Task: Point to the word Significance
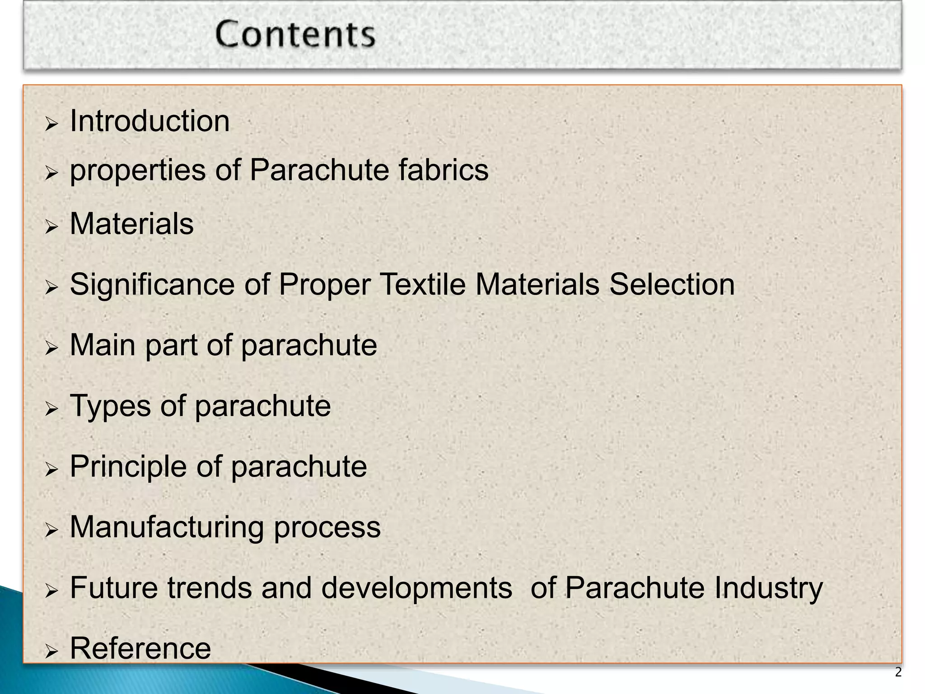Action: (152, 285)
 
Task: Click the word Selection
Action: (672, 285)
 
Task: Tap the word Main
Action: (103, 345)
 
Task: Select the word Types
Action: (110, 406)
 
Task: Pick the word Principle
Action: (128, 466)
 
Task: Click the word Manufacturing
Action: (167, 527)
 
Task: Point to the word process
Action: (327, 528)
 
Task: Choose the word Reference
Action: (140, 648)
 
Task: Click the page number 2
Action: (898, 672)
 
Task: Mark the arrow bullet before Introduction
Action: (52, 124)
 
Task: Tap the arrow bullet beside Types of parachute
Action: (52, 409)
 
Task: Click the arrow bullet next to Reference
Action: (52, 651)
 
